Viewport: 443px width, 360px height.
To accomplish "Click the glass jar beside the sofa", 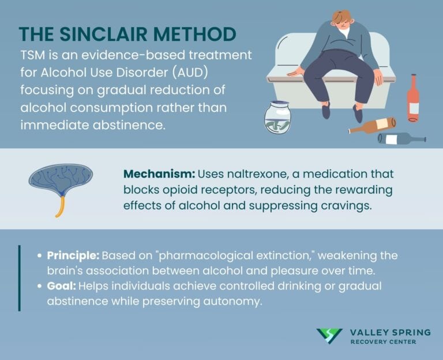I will point(277,117).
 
